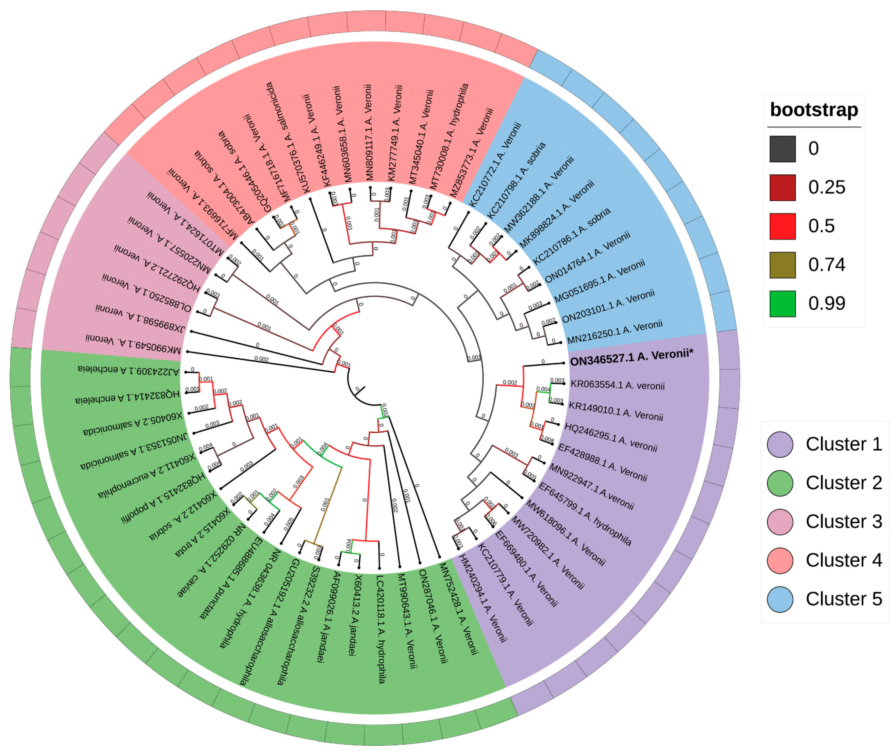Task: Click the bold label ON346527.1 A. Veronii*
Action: (631, 358)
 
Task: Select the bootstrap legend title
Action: (814, 110)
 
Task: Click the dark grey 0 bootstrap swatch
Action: (782, 149)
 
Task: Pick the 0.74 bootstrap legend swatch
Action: (782, 265)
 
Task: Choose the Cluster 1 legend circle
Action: (780, 445)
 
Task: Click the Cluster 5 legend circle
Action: (780, 599)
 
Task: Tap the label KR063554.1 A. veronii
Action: (618, 385)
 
